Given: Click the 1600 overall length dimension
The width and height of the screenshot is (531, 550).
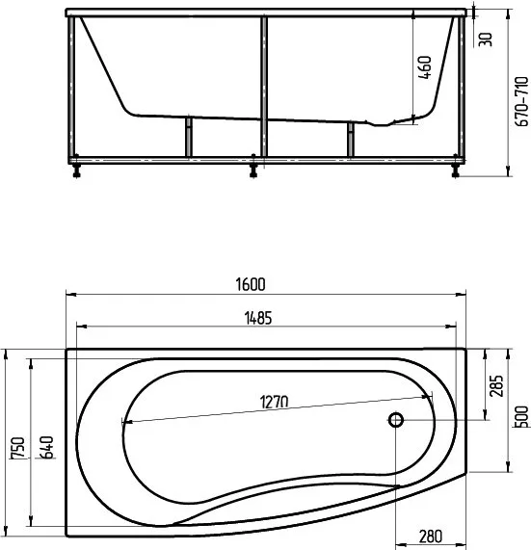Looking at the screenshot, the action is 251,284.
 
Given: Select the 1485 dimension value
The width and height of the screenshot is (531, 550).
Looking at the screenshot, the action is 258,318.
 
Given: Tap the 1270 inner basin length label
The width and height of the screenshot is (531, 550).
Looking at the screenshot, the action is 274,402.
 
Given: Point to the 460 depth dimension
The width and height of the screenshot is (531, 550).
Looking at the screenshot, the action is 425,67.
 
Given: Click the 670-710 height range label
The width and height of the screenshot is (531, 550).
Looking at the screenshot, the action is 522,102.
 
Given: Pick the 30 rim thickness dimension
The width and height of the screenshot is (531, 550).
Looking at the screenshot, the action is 486,39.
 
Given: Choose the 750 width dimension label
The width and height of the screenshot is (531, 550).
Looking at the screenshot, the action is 18,448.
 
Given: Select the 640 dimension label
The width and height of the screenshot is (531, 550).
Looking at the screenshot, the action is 46,447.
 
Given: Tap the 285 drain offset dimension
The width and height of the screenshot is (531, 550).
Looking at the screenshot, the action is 496,386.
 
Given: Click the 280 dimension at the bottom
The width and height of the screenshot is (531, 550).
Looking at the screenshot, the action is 430,536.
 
